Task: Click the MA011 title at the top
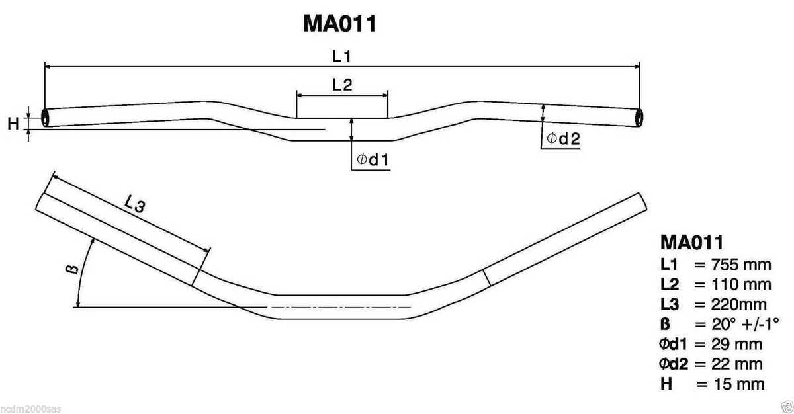[339, 24]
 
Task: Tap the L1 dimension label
[341, 56]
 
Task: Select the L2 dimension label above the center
[342, 85]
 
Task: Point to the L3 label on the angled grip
[135, 204]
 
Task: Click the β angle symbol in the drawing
[72, 269]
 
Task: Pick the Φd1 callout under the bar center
[373, 159]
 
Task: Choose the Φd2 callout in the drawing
[563, 138]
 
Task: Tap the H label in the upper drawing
[13, 124]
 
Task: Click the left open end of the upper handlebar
[45, 118]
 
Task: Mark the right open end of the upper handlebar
[639, 118]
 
